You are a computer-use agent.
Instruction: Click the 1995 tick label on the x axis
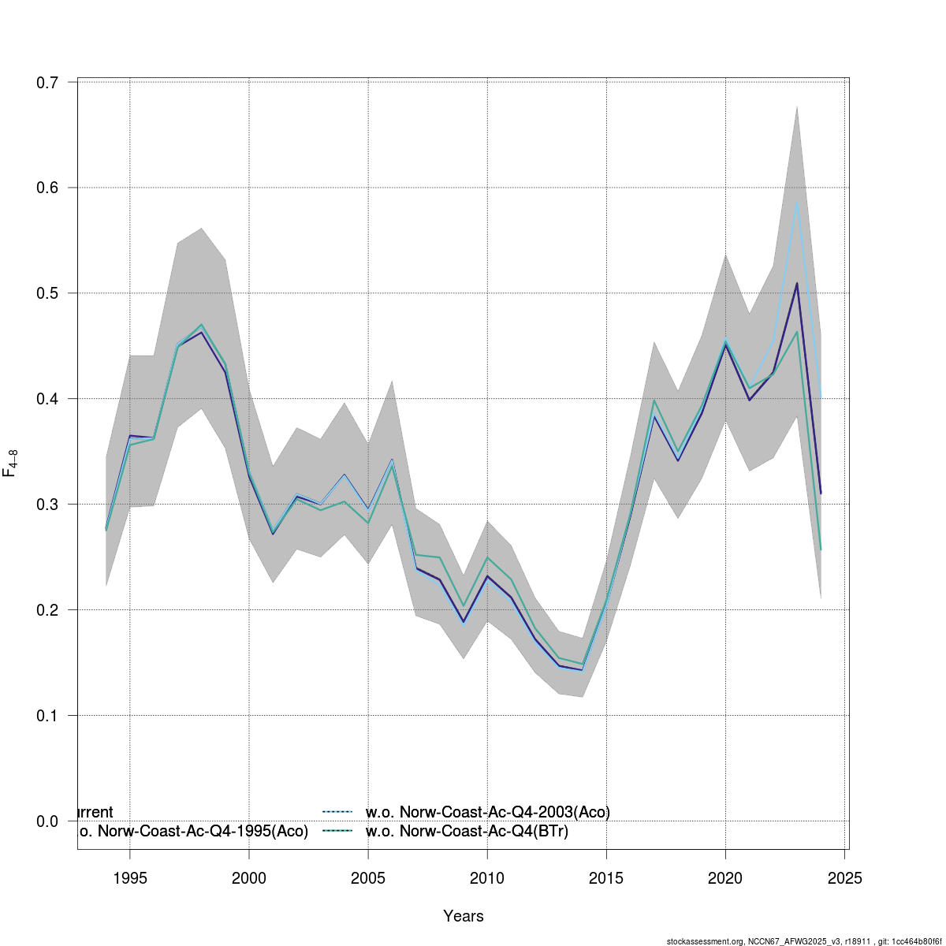130,879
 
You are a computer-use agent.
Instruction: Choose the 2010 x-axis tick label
487,879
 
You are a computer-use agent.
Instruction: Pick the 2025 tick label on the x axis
844,879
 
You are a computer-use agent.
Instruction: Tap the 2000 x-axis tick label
249,879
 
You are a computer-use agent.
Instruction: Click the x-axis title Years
464,916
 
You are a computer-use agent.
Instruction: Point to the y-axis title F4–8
10,463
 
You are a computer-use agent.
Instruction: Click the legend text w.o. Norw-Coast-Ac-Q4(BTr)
467,831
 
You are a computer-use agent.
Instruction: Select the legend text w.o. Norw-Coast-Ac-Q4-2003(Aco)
488,812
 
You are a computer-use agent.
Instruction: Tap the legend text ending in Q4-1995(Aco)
193,831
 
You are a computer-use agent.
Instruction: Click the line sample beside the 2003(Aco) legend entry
337,812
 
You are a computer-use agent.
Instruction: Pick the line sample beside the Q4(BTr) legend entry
337,831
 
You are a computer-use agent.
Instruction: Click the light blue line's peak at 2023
797,202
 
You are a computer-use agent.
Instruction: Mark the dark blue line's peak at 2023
797,283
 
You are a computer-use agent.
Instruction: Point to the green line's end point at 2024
821,549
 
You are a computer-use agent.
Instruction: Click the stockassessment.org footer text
803,941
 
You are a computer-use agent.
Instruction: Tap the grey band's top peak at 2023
797,106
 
